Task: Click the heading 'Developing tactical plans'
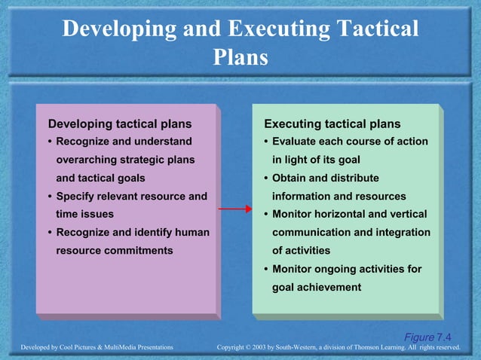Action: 119,124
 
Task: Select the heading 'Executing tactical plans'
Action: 332,124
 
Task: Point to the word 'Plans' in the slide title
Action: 240,57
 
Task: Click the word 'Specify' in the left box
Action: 79,197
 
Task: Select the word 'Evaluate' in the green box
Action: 296,142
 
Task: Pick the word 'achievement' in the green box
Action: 329,287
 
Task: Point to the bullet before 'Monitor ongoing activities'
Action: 266,269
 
